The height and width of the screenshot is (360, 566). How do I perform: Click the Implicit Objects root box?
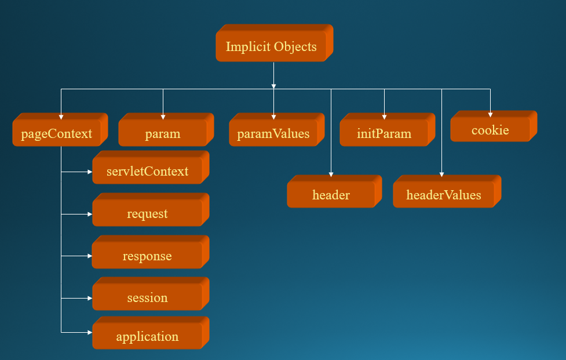pos(271,47)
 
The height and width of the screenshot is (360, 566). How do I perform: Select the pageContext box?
pos(57,134)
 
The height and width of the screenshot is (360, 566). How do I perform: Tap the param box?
pos(162,134)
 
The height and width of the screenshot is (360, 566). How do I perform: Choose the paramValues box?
pos(273,134)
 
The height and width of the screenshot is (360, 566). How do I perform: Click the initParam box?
pos(384,134)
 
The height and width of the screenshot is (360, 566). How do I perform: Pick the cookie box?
pos(490,130)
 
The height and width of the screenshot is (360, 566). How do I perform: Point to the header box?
pos(331,195)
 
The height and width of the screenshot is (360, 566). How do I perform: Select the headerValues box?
pos(443,195)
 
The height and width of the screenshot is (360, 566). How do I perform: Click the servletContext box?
pos(147,171)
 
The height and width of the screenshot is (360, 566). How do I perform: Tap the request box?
pos(147,213)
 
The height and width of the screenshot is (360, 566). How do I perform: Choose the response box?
pos(147,256)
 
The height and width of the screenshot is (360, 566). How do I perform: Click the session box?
pos(147,297)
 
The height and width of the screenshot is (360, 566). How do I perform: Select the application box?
pos(147,336)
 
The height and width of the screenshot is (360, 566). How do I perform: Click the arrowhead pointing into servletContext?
pos(89,172)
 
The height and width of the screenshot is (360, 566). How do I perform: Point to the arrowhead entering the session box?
pos(89,298)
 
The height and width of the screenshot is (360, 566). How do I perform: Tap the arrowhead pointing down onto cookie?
pos(490,115)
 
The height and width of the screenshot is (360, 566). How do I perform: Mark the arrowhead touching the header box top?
pos(331,174)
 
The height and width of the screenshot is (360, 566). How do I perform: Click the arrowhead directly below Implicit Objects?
pos(273,86)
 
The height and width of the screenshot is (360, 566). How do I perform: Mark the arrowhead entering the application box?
pos(89,332)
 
